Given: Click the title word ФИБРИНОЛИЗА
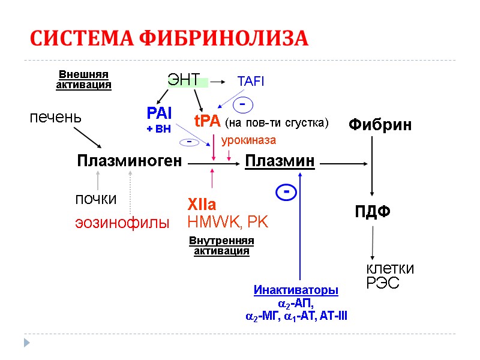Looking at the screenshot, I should pos(224,39).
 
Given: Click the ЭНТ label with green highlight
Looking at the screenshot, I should pos(184,80).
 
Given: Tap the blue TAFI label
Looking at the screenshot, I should pos(251,80).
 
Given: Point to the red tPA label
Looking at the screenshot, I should pos(208,121).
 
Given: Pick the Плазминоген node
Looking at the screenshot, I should pos(129,161).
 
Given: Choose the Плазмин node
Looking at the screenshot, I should pos(280,161).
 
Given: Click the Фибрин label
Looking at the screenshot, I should pos(380,125).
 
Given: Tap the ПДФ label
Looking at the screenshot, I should pos(373,212).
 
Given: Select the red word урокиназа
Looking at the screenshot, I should pos(248,140).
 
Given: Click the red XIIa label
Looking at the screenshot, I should pos(202,204).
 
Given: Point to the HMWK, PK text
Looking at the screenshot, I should pos(228,222).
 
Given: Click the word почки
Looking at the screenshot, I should pos(95,199).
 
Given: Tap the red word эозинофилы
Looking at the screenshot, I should pos(122,223).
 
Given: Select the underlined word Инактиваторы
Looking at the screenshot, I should pos(296,290).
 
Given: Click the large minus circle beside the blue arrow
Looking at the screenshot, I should pos(287,193).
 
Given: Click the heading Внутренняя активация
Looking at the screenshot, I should pos(221,245).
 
